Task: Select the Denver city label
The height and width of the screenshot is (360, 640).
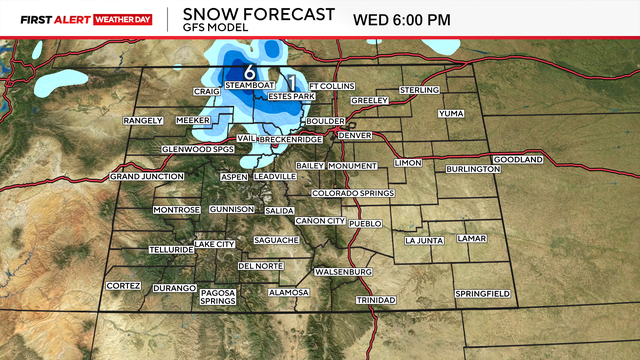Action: point(355,135)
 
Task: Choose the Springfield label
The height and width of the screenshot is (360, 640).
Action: point(483,293)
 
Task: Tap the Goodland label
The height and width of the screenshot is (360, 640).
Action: point(517,160)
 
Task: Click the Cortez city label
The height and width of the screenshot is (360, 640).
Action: point(124,286)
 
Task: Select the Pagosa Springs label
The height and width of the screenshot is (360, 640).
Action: point(217,296)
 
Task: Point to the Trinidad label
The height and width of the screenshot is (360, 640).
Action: point(377,300)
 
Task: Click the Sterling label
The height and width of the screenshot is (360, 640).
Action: point(420,90)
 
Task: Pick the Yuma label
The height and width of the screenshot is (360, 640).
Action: point(452,113)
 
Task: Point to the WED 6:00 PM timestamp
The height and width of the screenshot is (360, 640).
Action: point(402,19)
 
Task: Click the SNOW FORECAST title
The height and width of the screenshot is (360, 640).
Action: point(249,13)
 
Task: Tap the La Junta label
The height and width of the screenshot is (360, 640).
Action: point(424,240)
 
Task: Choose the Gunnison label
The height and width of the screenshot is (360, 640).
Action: point(233,209)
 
